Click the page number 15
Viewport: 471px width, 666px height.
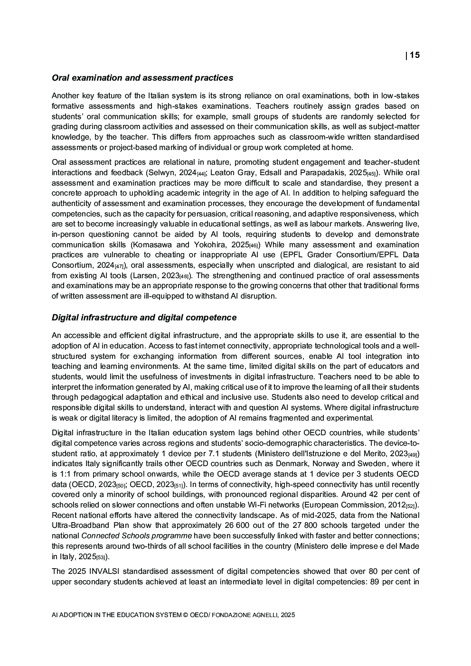414,55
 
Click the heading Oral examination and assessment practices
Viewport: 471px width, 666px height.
142,78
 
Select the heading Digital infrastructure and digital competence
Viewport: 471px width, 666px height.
144,318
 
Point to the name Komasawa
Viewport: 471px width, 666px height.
155,244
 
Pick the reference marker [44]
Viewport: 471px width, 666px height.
201,174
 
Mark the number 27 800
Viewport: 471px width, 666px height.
309,525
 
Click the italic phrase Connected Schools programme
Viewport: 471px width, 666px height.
137,535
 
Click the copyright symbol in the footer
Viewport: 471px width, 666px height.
185,615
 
